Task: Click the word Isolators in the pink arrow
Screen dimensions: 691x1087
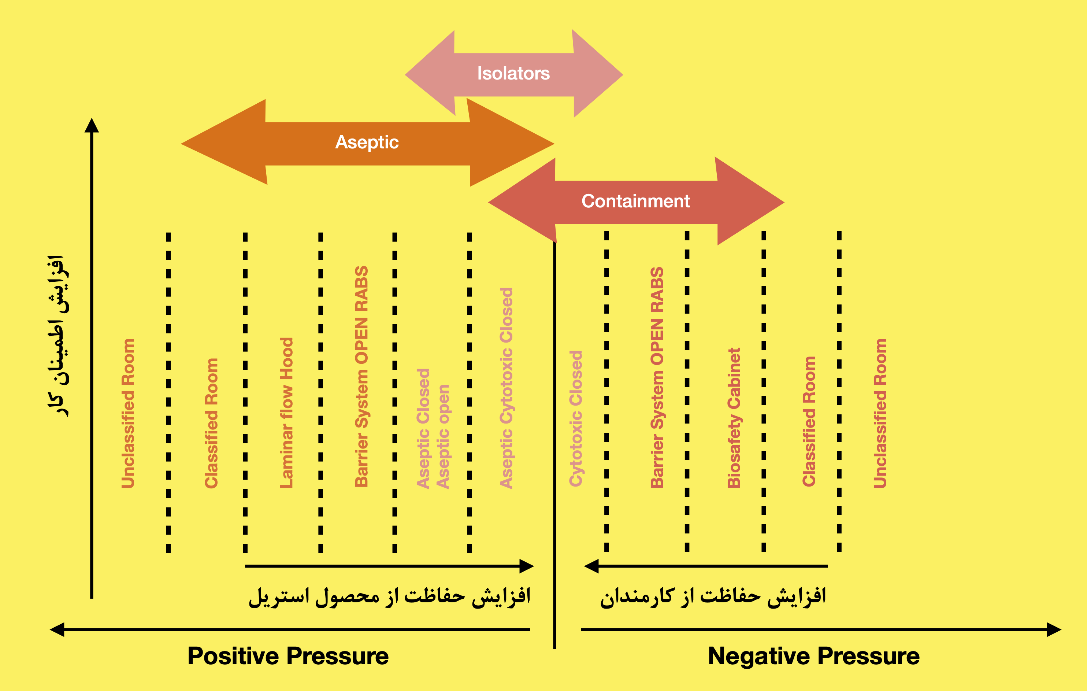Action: pos(513,74)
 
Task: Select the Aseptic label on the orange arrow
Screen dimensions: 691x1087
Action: pos(367,142)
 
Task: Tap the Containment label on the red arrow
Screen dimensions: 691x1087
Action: pos(635,202)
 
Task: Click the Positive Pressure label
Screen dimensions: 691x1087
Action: pos(288,656)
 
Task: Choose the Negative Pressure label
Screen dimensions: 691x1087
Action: pos(813,656)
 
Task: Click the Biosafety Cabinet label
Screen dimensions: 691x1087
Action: pos(734,418)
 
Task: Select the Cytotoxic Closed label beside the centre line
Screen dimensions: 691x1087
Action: pos(576,418)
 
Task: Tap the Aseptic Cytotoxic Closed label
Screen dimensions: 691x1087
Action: pos(507,388)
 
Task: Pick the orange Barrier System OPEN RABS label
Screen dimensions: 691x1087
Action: pos(361,376)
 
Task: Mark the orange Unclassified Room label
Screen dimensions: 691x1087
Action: pos(128,413)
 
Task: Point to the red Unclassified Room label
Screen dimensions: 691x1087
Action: pos(880,413)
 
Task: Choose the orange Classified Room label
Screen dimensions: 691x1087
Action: pos(212,423)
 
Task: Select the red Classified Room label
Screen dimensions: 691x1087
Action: pos(809,421)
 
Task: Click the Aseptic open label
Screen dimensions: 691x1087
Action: pos(443,436)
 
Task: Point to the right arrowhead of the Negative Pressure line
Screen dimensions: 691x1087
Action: pos(1054,629)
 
